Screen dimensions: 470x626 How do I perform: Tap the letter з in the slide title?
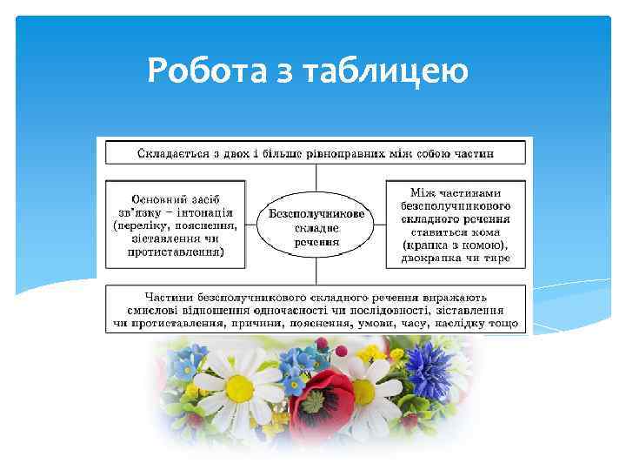pyautogui.click(x=286, y=70)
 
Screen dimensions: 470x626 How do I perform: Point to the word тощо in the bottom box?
pyautogui.click(x=503, y=324)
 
